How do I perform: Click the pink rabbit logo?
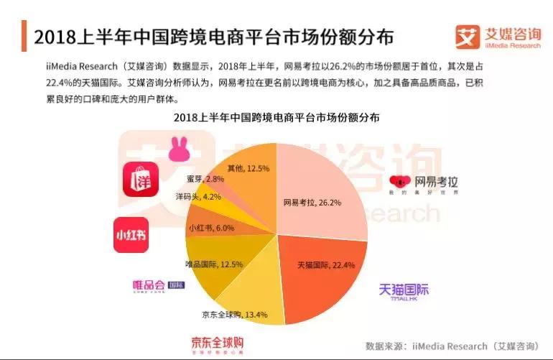pos(178,149)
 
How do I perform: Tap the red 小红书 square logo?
pos(131,235)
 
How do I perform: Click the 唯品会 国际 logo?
pos(158,285)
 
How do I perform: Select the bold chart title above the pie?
pos(276,117)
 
